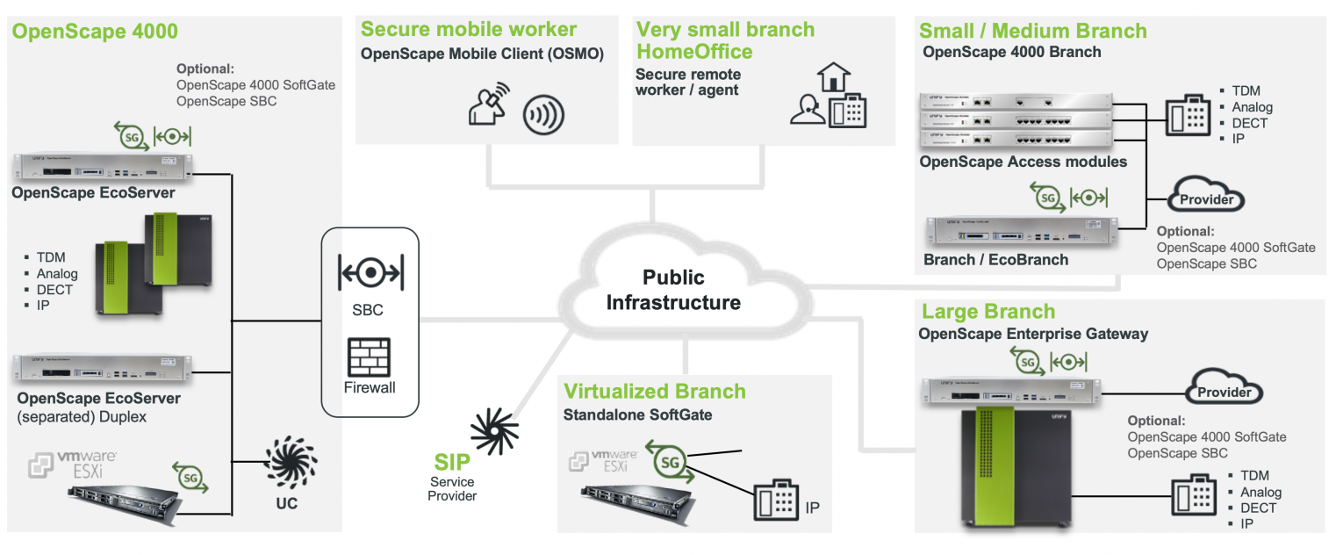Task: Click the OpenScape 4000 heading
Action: point(96,32)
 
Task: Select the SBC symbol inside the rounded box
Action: point(370,274)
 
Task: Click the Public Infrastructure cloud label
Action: point(673,291)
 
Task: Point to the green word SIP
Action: point(452,463)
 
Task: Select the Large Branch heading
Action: point(988,312)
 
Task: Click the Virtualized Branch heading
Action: point(655,392)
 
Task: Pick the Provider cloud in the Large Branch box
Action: point(1225,392)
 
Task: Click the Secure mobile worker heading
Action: point(469,30)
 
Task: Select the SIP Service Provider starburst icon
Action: point(495,427)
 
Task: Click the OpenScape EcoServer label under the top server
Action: point(93,193)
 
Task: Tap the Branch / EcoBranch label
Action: point(995,260)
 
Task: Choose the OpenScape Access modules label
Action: point(1024,162)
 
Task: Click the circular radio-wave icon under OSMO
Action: point(543,115)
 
